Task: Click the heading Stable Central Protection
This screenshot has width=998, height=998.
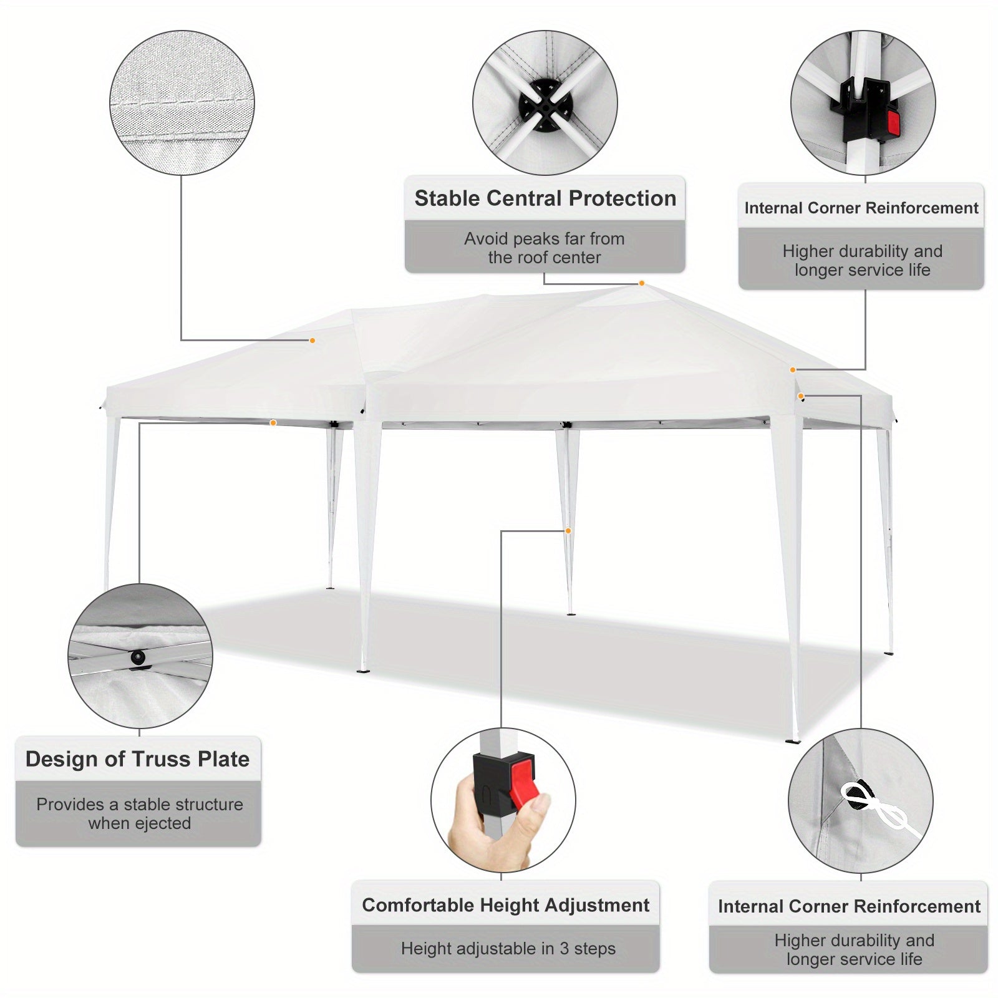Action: (545, 198)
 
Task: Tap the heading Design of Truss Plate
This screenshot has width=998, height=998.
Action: (137, 759)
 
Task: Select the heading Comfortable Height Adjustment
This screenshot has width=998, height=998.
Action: (506, 905)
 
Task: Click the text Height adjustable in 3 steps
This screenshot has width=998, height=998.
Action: (508, 949)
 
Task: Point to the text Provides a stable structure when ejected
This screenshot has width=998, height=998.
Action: (140, 814)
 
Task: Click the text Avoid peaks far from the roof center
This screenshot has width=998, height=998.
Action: (545, 248)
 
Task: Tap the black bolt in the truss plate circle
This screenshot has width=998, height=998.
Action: (138, 657)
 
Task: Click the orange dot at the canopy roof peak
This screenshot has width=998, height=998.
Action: (641, 284)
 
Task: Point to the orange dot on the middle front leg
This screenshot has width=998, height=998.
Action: (568, 531)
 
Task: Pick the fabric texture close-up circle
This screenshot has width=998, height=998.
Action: (182, 102)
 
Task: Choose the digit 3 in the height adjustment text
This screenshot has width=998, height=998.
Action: (564, 949)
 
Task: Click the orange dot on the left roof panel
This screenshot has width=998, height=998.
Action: (312, 341)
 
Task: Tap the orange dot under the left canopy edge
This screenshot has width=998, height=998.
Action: (273, 423)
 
